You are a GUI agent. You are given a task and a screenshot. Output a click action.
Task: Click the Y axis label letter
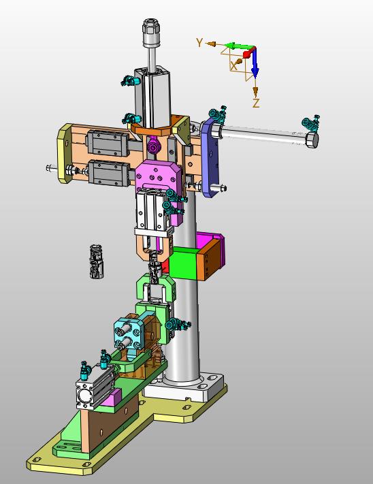[x=199, y=42]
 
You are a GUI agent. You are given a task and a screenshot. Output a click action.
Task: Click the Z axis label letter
[x=256, y=103]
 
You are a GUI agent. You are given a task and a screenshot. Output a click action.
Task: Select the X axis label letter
[x=234, y=66]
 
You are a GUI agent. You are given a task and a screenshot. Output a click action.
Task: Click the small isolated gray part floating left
[x=97, y=261]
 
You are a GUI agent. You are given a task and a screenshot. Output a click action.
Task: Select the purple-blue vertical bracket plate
[x=210, y=157]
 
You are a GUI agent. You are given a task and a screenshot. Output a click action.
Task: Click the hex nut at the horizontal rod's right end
[x=312, y=140]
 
